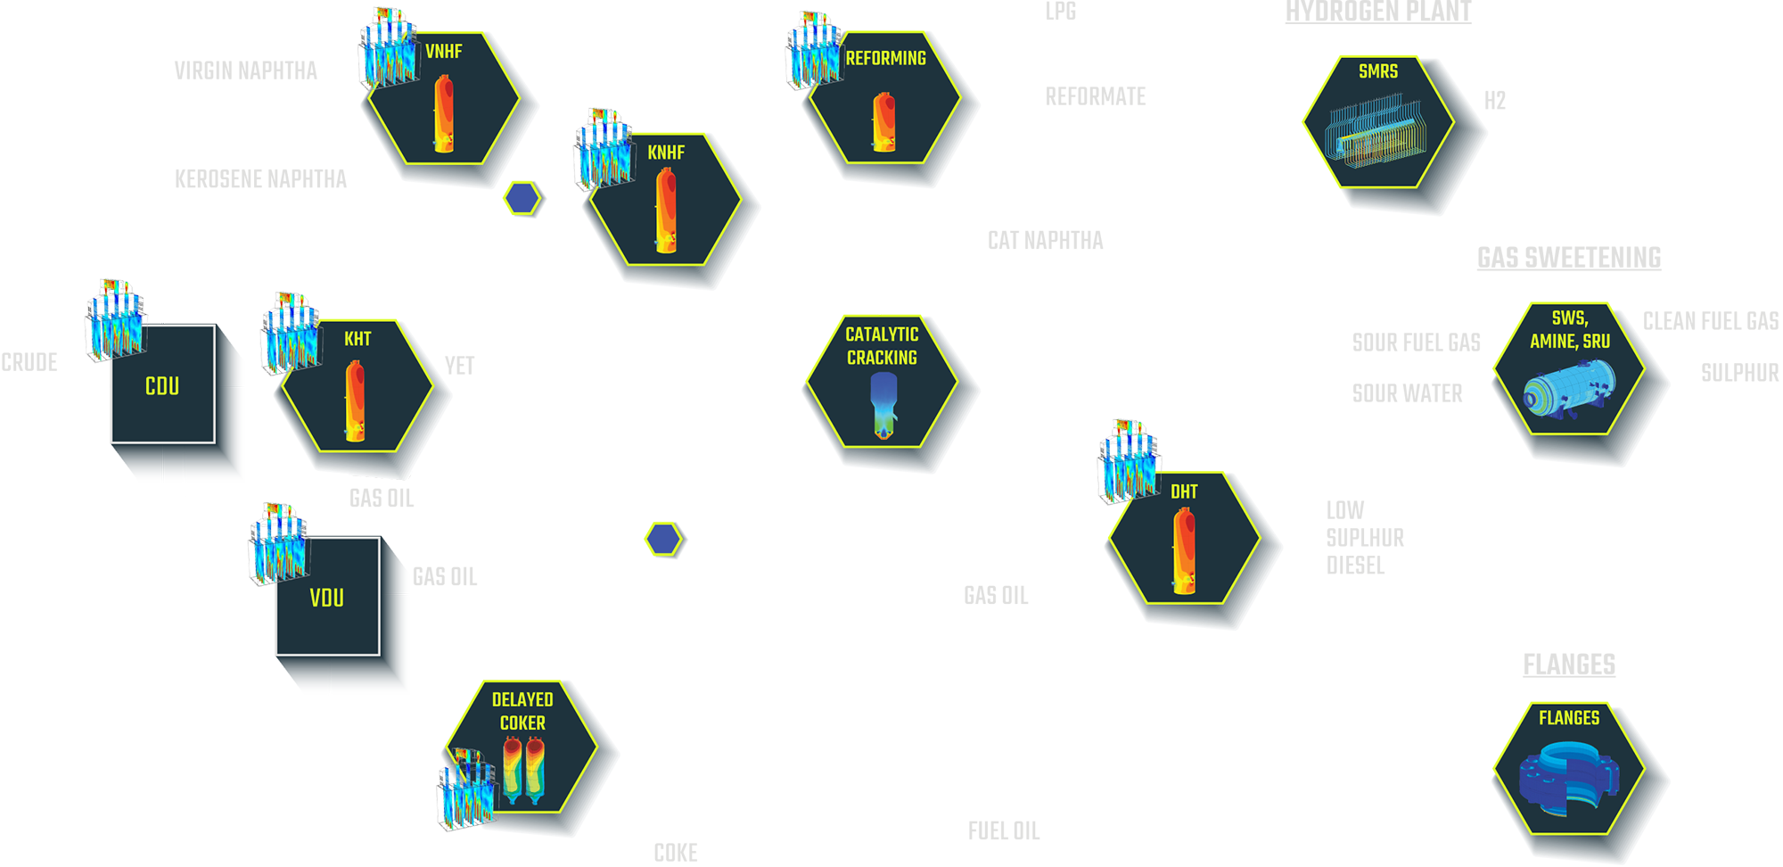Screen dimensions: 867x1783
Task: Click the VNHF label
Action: tap(443, 52)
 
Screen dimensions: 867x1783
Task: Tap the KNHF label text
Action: tap(666, 153)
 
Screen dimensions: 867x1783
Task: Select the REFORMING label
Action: tap(885, 58)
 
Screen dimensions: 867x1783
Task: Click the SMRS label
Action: tap(1377, 71)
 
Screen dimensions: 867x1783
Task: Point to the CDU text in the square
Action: tap(162, 386)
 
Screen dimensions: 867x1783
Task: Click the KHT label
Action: tap(357, 339)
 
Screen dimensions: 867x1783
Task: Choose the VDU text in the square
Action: tap(327, 598)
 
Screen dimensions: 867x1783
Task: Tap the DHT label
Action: tap(1184, 491)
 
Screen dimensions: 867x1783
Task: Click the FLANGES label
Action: tap(1569, 718)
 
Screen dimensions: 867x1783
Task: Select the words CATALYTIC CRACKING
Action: tap(882, 346)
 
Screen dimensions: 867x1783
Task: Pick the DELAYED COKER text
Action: tap(522, 711)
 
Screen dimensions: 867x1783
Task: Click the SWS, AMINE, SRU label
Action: tap(1570, 330)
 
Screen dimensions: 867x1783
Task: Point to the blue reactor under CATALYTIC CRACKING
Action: tap(883, 406)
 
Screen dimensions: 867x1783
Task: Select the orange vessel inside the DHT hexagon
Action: tap(1184, 550)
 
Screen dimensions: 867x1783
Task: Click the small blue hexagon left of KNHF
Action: tap(520, 198)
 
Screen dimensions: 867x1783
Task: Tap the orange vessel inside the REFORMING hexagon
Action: tap(884, 122)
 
